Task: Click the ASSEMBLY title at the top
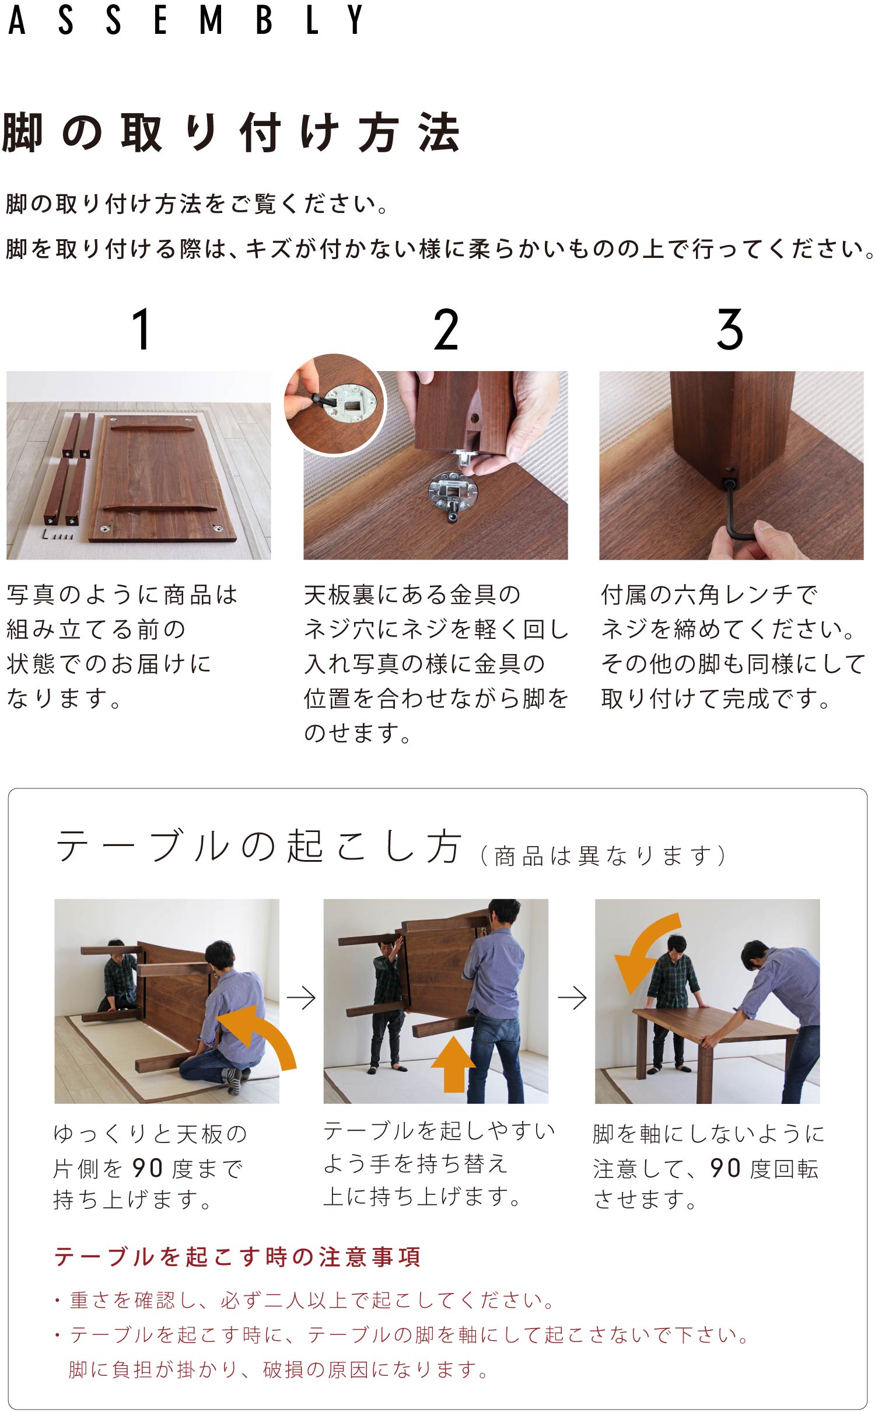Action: (185, 19)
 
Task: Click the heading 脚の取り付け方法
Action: (232, 132)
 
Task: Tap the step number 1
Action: (142, 330)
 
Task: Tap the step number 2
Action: (446, 330)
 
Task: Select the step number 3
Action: (730, 330)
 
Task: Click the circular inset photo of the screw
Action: (335, 404)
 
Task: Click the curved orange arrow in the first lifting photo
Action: (265, 1030)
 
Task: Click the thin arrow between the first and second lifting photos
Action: (301, 998)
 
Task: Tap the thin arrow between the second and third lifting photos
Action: (572, 998)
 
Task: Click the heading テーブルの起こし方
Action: (259, 846)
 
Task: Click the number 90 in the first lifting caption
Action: (147, 1168)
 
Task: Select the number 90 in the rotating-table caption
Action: (725, 1168)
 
